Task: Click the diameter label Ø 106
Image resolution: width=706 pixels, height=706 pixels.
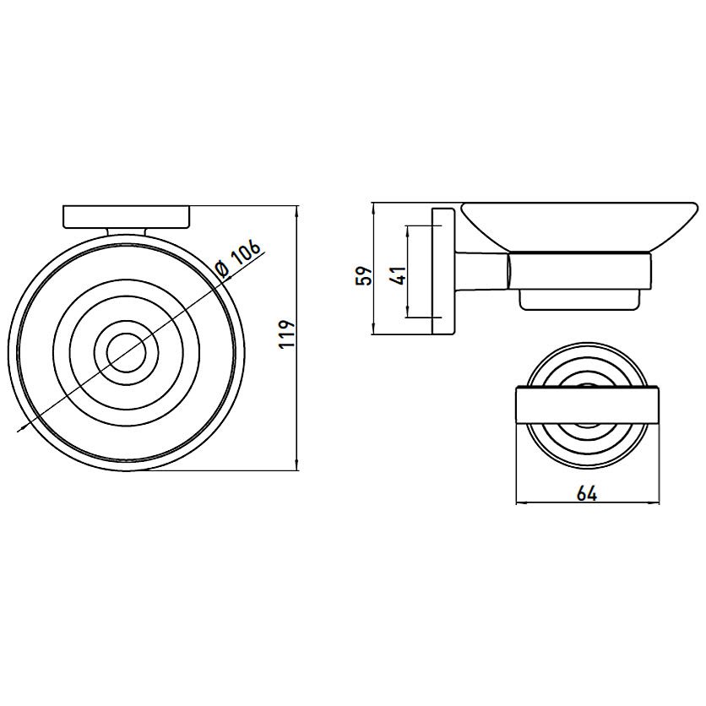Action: [x=238, y=260]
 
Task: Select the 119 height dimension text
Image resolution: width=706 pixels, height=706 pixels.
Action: [x=286, y=334]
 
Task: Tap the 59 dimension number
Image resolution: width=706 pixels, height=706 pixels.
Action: [x=364, y=275]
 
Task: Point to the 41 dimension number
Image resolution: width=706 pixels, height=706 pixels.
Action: [x=399, y=275]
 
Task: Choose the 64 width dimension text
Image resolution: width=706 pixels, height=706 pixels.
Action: [x=587, y=494]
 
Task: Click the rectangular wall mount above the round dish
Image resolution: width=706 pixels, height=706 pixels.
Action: [x=127, y=217]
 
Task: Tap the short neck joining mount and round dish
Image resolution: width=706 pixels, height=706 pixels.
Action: [x=127, y=231]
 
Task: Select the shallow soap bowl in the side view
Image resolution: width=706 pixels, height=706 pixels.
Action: [x=579, y=226]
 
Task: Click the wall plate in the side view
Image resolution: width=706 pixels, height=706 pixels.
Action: [x=443, y=271]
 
